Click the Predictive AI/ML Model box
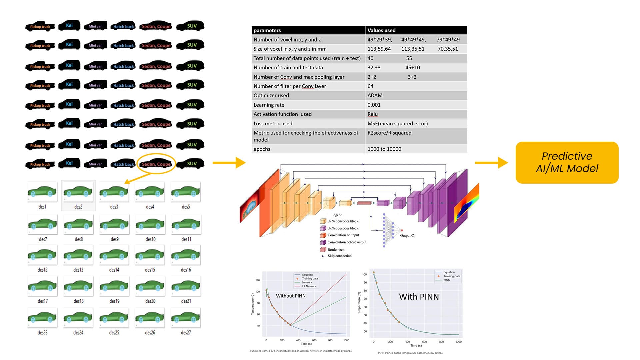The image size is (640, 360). click(x=567, y=162)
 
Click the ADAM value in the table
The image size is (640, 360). click(x=375, y=95)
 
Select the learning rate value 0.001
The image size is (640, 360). click(x=374, y=105)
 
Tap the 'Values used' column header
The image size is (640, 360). click(x=381, y=30)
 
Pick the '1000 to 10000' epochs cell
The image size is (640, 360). click(x=384, y=149)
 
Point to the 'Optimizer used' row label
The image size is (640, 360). click(x=271, y=95)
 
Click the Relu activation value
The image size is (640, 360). click(x=372, y=114)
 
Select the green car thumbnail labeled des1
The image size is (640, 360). click(x=42, y=192)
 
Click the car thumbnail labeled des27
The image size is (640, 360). click(x=186, y=318)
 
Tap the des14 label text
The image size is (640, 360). click(x=114, y=270)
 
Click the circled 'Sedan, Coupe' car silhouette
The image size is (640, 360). click(x=156, y=164)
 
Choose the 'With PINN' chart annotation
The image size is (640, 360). click(x=419, y=297)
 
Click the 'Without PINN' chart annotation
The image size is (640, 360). click(x=290, y=296)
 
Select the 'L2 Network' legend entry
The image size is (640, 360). click(x=309, y=286)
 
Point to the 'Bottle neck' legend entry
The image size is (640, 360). click(x=336, y=249)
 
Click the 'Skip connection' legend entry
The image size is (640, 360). click(x=339, y=256)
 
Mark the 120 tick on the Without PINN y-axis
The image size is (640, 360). click(x=258, y=280)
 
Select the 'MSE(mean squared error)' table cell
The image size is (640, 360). click(x=397, y=123)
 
